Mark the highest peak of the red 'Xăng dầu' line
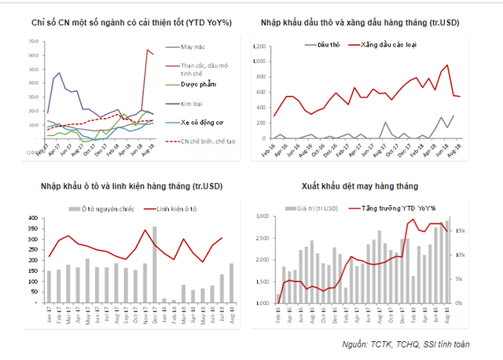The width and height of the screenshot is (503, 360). (447, 65)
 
